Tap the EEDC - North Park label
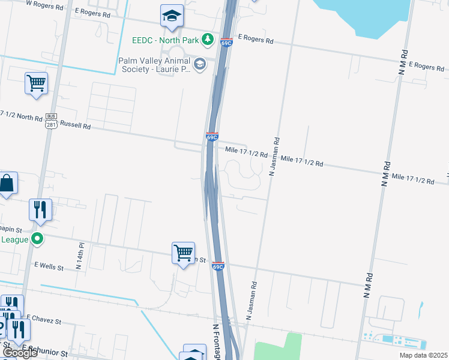165,40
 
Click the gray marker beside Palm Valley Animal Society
199,64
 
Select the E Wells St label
49,265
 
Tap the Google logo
20,353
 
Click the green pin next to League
38,239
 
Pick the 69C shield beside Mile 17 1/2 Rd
211,137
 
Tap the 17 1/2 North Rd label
22,116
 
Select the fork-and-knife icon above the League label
39,209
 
